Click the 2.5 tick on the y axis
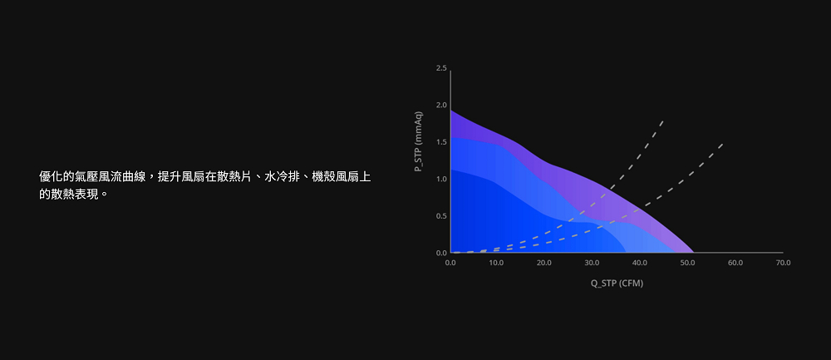(441, 68)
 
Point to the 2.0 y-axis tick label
(441, 105)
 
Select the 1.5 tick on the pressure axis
(441, 142)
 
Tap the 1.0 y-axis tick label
(441, 179)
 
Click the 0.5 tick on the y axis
(441, 216)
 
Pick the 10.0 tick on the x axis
(497, 263)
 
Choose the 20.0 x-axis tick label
(544, 263)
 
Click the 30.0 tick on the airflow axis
(592, 263)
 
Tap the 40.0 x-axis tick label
(640, 263)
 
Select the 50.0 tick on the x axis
(687, 263)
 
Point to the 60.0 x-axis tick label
(735, 263)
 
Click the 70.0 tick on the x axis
(783, 263)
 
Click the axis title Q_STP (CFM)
(617, 284)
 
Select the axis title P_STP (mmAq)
(419, 141)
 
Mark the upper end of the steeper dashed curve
(663, 121)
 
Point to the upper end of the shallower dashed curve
(722, 143)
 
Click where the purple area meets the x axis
(694, 253)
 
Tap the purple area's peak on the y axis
(450, 110)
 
